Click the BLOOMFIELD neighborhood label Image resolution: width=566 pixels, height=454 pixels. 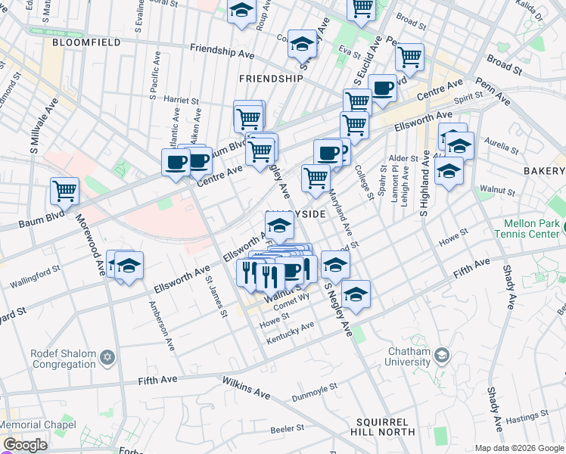click(x=86, y=43)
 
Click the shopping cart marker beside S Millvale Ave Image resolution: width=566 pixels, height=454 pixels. click(x=64, y=191)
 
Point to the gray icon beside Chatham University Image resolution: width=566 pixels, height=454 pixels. click(x=441, y=354)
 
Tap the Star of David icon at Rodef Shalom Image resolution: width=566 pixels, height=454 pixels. click(x=107, y=356)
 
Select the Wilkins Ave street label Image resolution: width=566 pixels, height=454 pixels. click(x=246, y=388)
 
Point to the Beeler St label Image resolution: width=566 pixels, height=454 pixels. click(x=287, y=428)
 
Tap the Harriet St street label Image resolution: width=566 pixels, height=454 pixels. click(x=180, y=100)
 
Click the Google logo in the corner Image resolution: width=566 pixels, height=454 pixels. click(x=25, y=445)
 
